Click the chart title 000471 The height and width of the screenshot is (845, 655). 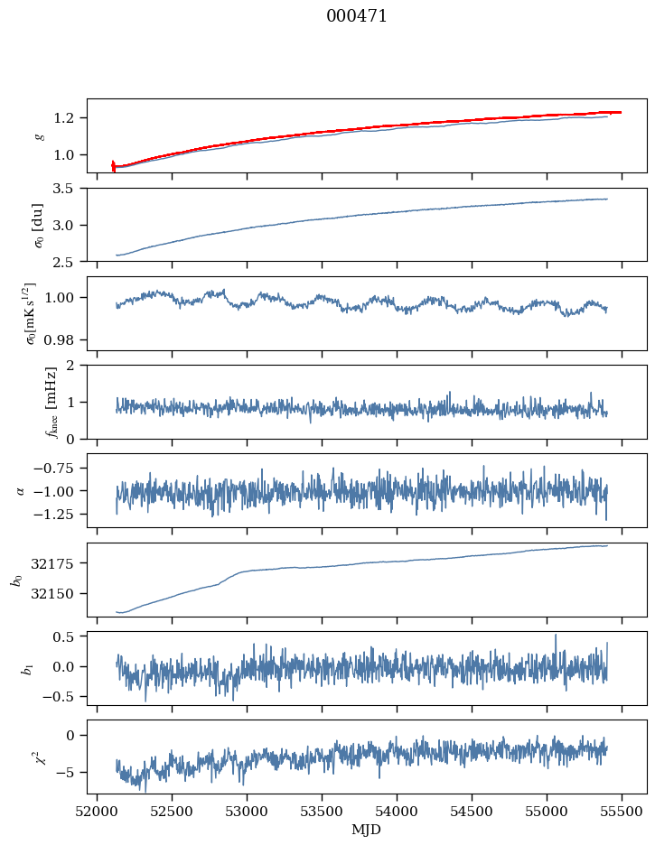click(357, 16)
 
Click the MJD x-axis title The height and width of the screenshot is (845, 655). click(367, 829)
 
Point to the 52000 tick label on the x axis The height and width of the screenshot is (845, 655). click(98, 811)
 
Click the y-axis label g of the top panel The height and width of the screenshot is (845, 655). click(38, 135)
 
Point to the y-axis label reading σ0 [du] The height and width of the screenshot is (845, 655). click(38, 224)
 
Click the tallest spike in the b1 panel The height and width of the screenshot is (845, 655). click(556, 636)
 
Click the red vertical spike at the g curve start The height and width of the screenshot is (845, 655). click(113, 165)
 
